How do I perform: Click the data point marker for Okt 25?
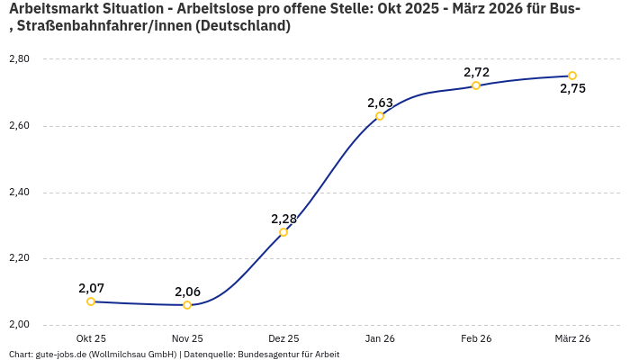pyautogui.click(x=91, y=301)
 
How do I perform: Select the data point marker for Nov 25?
pyautogui.click(x=187, y=305)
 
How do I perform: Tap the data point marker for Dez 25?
pyautogui.click(x=283, y=232)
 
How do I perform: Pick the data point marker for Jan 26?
pyautogui.click(x=380, y=116)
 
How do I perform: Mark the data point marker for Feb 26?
pyautogui.click(x=476, y=85)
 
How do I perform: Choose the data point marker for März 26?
pyautogui.click(x=572, y=76)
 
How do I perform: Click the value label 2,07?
pyautogui.click(x=91, y=288)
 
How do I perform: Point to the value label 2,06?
pyautogui.click(x=187, y=292)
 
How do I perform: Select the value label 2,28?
pyautogui.click(x=283, y=219)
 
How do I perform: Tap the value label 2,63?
pyautogui.click(x=380, y=103)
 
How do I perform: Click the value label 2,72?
pyautogui.click(x=476, y=72)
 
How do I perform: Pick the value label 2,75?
pyautogui.click(x=572, y=88)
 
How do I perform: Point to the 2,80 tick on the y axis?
pyautogui.click(x=19, y=59)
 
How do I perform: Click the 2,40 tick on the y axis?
pyautogui.click(x=19, y=193)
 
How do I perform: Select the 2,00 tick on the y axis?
pyautogui.click(x=19, y=325)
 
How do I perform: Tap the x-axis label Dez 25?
pyautogui.click(x=283, y=338)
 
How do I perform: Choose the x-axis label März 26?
pyautogui.click(x=572, y=338)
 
